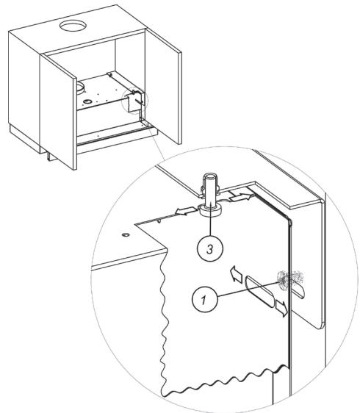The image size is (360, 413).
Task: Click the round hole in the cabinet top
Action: (x=73, y=26)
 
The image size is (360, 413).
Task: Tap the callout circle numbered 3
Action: (x=210, y=248)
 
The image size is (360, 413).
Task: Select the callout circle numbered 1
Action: (x=205, y=300)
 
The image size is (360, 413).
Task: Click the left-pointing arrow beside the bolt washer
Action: (x=186, y=211)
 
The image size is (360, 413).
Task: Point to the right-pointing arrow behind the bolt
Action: (x=239, y=197)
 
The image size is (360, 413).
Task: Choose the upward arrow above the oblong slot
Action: (x=237, y=274)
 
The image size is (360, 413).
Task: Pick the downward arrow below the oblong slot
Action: (x=281, y=308)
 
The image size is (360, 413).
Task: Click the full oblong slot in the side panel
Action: (x=259, y=291)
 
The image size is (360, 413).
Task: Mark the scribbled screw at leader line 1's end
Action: (x=289, y=280)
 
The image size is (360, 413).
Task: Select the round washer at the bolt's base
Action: (x=210, y=211)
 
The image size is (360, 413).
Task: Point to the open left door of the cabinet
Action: (x=58, y=111)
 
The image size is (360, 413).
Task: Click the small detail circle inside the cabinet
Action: (x=135, y=101)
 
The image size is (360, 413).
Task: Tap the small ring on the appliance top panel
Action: (x=87, y=101)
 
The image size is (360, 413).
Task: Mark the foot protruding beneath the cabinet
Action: (x=50, y=156)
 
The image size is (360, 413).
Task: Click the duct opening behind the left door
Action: (x=79, y=88)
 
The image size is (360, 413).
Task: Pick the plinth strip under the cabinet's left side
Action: (x=25, y=139)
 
